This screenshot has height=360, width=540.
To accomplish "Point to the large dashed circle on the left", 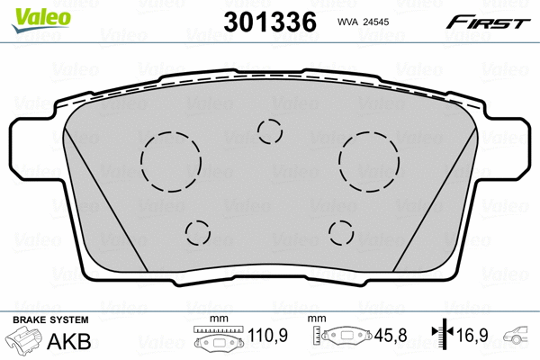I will tap(170, 161).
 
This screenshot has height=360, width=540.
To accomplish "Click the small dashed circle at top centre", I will tap(270, 131).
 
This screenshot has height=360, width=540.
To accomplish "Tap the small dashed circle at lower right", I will tap(342, 232).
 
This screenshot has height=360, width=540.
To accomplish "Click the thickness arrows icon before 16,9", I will tap(442, 337).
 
